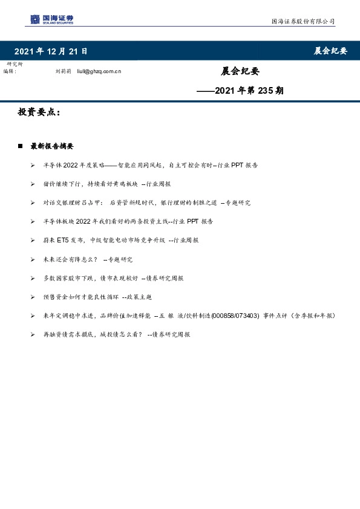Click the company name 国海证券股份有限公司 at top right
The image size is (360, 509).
[x=302, y=21]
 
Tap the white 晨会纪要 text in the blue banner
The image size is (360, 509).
[x=330, y=51]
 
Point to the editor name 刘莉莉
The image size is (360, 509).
[x=63, y=71]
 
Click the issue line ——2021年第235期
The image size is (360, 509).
[x=240, y=91]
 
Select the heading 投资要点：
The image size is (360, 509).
[x=39, y=113]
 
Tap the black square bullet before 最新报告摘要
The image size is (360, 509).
[x=20, y=146]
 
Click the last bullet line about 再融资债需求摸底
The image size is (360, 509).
[x=116, y=334]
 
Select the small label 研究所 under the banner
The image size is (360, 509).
[x=14, y=64]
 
